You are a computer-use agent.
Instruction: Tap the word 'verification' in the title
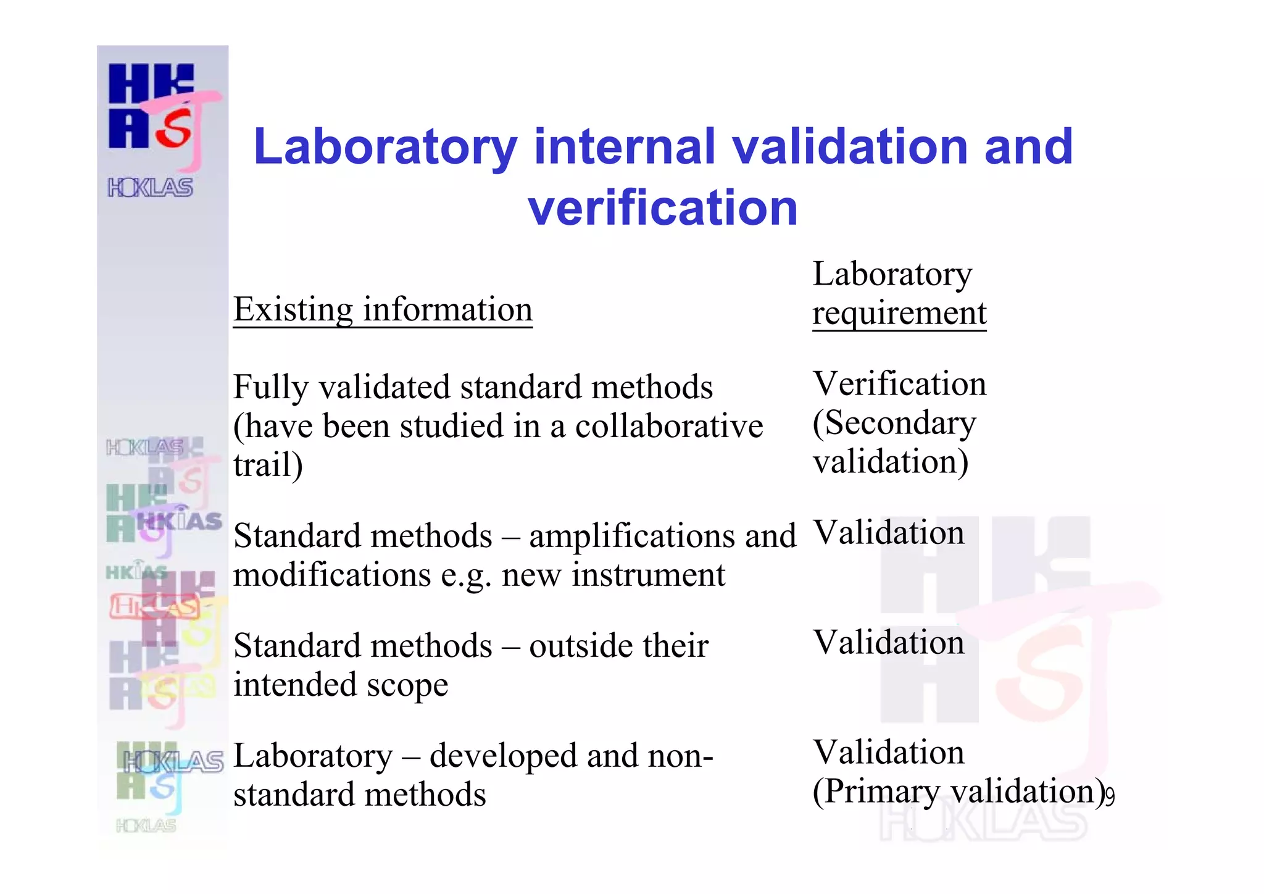[663, 208]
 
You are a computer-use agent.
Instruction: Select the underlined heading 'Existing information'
[383, 309]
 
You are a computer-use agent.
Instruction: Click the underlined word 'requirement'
[899, 313]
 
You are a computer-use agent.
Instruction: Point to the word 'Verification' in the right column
[899, 384]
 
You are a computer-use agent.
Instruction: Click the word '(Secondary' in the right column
[894, 424]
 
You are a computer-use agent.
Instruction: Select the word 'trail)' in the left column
[268, 465]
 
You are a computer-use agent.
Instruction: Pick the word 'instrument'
[648, 575]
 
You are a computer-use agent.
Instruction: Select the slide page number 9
[1110, 798]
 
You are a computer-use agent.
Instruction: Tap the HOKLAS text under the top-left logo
[150, 187]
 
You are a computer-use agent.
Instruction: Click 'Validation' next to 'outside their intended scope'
[888, 642]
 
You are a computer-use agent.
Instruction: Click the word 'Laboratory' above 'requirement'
[892, 274]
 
